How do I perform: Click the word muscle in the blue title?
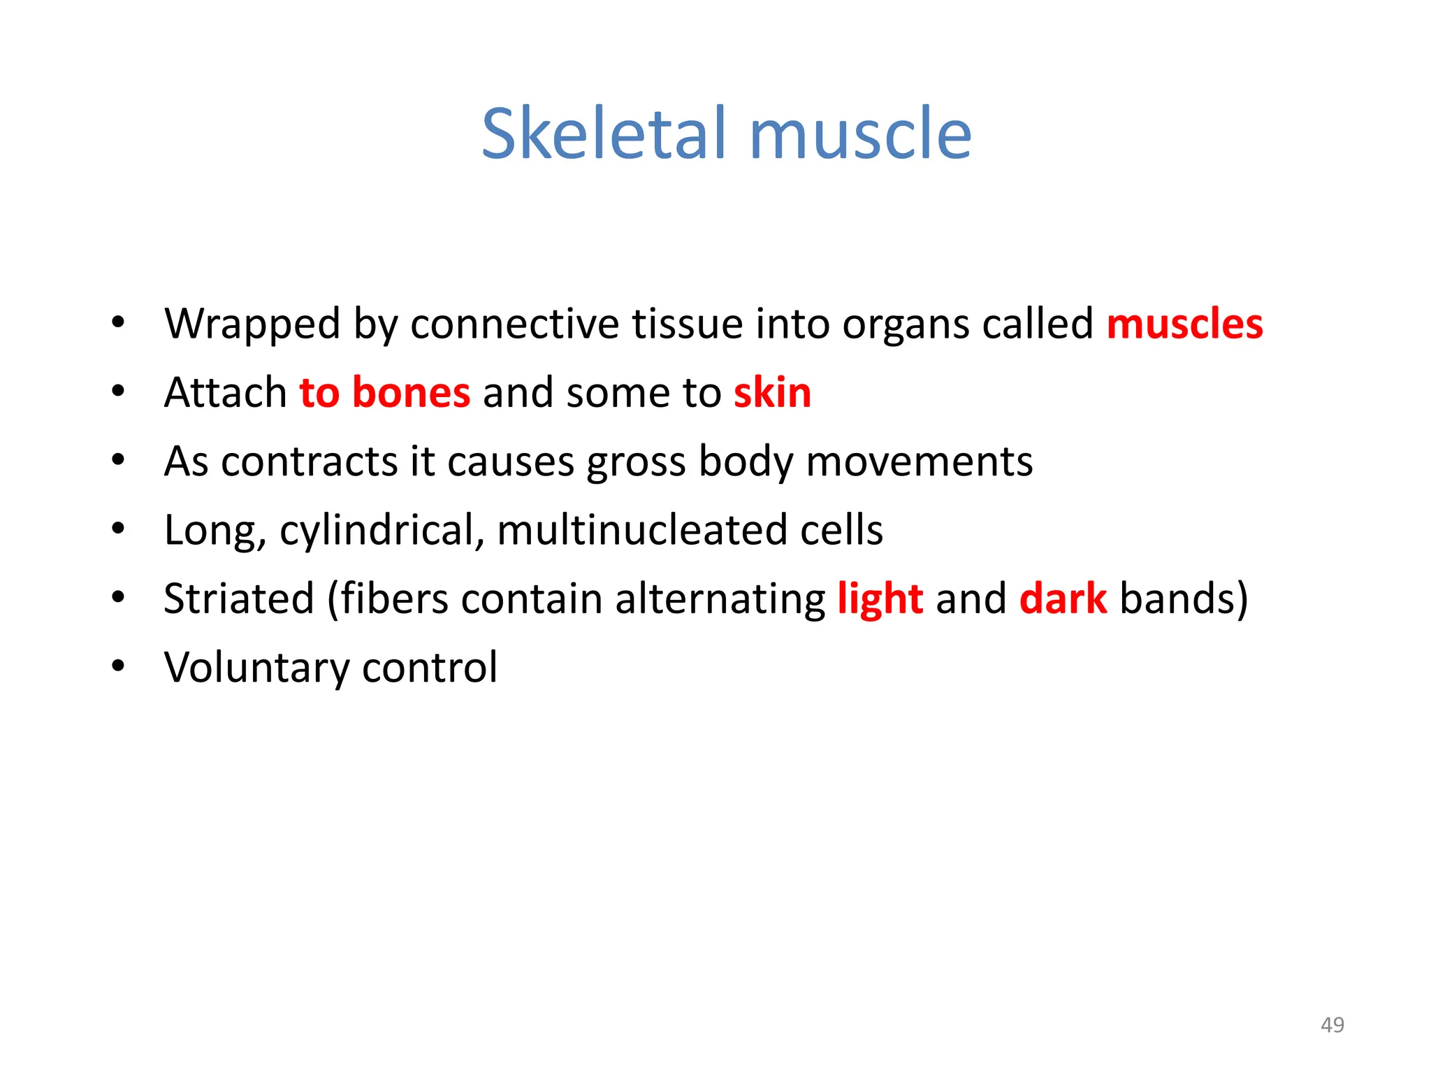point(860,134)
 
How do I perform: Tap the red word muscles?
point(1185,324)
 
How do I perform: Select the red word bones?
point(411,392)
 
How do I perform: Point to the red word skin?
point(772,392)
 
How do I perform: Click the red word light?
point(880,599)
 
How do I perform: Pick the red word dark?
point(1063,599)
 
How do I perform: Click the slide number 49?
point(1332,1024)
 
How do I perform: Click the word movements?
point(919,461)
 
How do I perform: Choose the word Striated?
point(238,599)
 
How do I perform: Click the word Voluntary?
point(256,668)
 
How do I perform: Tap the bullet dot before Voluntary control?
point(118,666)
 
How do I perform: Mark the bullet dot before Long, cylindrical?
point(118,529)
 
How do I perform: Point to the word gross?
point(635,463)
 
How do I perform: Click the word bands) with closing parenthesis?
point(1183,599)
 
